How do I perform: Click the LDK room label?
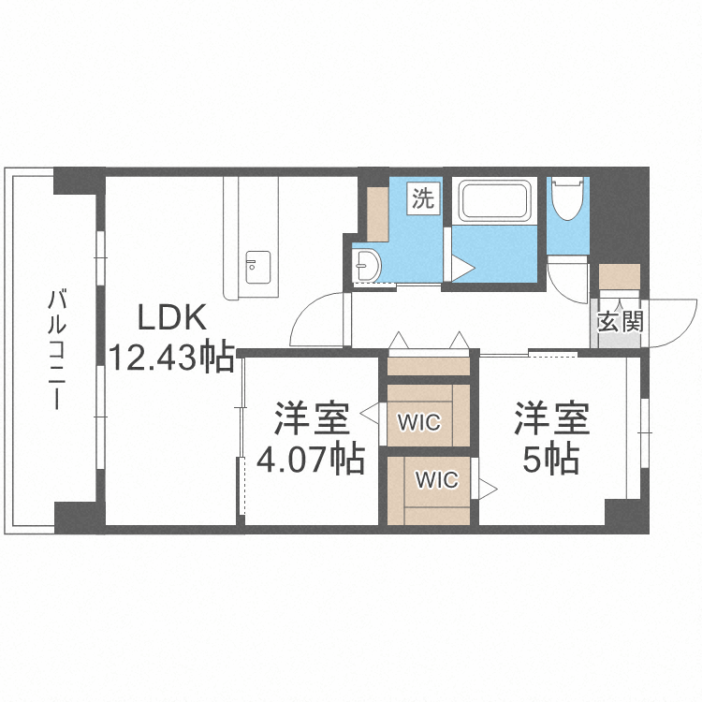click(172, 317)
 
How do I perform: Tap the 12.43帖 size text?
click(172, 357)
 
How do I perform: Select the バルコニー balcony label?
click(57, 350)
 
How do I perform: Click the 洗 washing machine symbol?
click(423, 197)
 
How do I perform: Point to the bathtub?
click(494, 200)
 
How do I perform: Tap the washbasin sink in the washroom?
click(367, 265)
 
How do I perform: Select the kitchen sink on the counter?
click(258, 268)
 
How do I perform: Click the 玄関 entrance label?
click(620, 321)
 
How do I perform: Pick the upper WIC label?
click(419, 422)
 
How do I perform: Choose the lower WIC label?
click(437, 480)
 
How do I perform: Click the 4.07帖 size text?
click(310, 460)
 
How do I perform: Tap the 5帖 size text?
click(551, 460)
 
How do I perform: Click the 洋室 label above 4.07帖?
click(312, 419)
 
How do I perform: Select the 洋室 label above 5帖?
click(551, 419)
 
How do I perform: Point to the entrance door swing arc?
click(683, 329)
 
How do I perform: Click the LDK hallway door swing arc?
click(303, 311)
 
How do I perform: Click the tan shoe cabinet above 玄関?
click(620, 276)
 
